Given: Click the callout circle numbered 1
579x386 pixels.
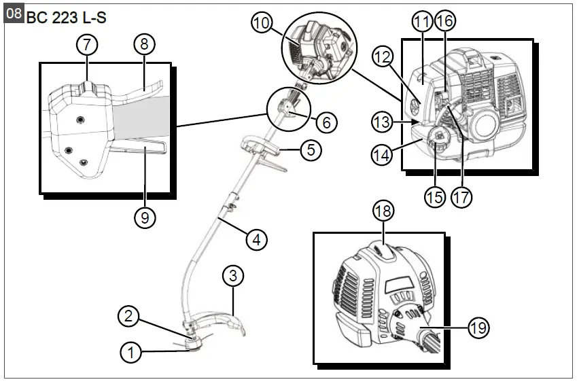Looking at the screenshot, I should click(x=132, y=352).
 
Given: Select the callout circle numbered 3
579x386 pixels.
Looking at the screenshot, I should click(x=233, y=276).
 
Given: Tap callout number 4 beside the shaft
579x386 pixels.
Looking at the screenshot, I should click(x=256, y=239).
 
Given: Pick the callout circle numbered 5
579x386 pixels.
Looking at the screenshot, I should click(x=310, y=150).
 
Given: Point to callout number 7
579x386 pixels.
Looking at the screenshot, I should click(x=86, y=44).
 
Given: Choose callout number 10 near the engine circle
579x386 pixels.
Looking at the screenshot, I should click(x=261, y=23).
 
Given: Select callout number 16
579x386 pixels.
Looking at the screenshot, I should click(x=444, y=21).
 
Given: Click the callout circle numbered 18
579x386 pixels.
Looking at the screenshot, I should click(x=383, y=211).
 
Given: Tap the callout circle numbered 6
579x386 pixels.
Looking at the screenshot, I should click(x=326, y=122).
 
